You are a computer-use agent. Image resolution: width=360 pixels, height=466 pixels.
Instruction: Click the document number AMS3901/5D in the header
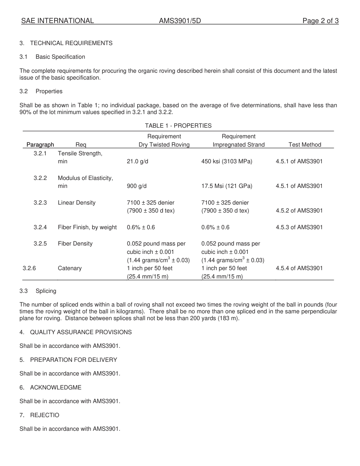pyautogui.click(x=180, y=21)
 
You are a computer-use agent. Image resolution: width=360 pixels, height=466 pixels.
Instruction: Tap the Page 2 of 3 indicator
pyautogui.click(x=320, y=21)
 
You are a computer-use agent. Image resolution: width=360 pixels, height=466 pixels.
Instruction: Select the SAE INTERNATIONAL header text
pyautogui.click(x=58, y=21)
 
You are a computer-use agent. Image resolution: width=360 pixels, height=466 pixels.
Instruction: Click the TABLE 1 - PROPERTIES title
pyautogui.click(x=178, y=126)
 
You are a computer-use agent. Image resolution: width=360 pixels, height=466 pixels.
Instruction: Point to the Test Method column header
pyautogui.click(x=305, y=145)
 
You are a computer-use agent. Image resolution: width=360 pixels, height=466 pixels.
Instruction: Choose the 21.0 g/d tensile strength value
pyautogui.click(x=138, y=161)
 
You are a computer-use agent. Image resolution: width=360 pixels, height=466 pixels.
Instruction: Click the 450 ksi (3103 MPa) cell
pyautogui.click(x=227, y=161)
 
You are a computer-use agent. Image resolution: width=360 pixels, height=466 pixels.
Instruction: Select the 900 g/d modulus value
pyautogui.click(x=136, y=186)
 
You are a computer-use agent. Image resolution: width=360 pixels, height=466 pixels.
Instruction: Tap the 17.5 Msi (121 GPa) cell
pyautogui.click(x=227, y=186)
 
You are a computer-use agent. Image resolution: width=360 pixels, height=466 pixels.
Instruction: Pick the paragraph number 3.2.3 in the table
pyautogui.click(x=40, y=203)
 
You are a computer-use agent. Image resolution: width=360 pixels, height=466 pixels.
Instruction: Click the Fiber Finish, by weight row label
pyautogui.click(x=87, y=227)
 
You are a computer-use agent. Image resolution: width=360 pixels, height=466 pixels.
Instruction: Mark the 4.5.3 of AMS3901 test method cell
pyautogui.click(x=299, y=227)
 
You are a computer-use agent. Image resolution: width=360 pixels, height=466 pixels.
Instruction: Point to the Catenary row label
pyautogui.click(x=70, y=268)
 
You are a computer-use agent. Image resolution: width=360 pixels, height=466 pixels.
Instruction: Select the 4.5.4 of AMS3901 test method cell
pyautogui.click(x=299, y=268)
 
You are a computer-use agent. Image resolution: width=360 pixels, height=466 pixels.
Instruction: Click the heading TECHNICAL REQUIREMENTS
pyautogui.click(x=71, y=43)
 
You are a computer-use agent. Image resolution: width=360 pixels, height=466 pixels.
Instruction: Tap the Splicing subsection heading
pyautogui.click(x=46, y=291)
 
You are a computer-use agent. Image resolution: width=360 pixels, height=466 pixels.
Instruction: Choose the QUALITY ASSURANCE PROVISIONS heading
pyautogui.click(x=81, y=332)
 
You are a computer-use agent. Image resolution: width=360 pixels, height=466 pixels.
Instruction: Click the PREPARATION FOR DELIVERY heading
pyautogui.click(x=74, y=360)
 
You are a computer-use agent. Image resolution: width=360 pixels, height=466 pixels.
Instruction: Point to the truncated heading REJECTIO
pyautogui.click(x=45, y=415)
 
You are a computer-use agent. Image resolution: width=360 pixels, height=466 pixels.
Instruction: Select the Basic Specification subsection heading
pyautogui.click(x=60, y=57)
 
